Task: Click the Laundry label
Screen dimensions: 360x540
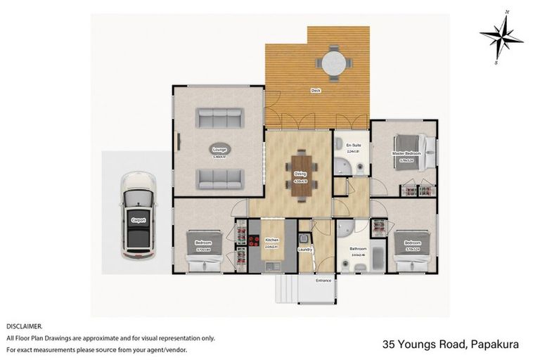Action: point(304,249)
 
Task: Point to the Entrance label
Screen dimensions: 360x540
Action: point(323,280)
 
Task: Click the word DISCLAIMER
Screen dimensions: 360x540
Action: point(24,326)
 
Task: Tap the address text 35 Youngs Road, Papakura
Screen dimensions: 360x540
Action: point(450,344)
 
